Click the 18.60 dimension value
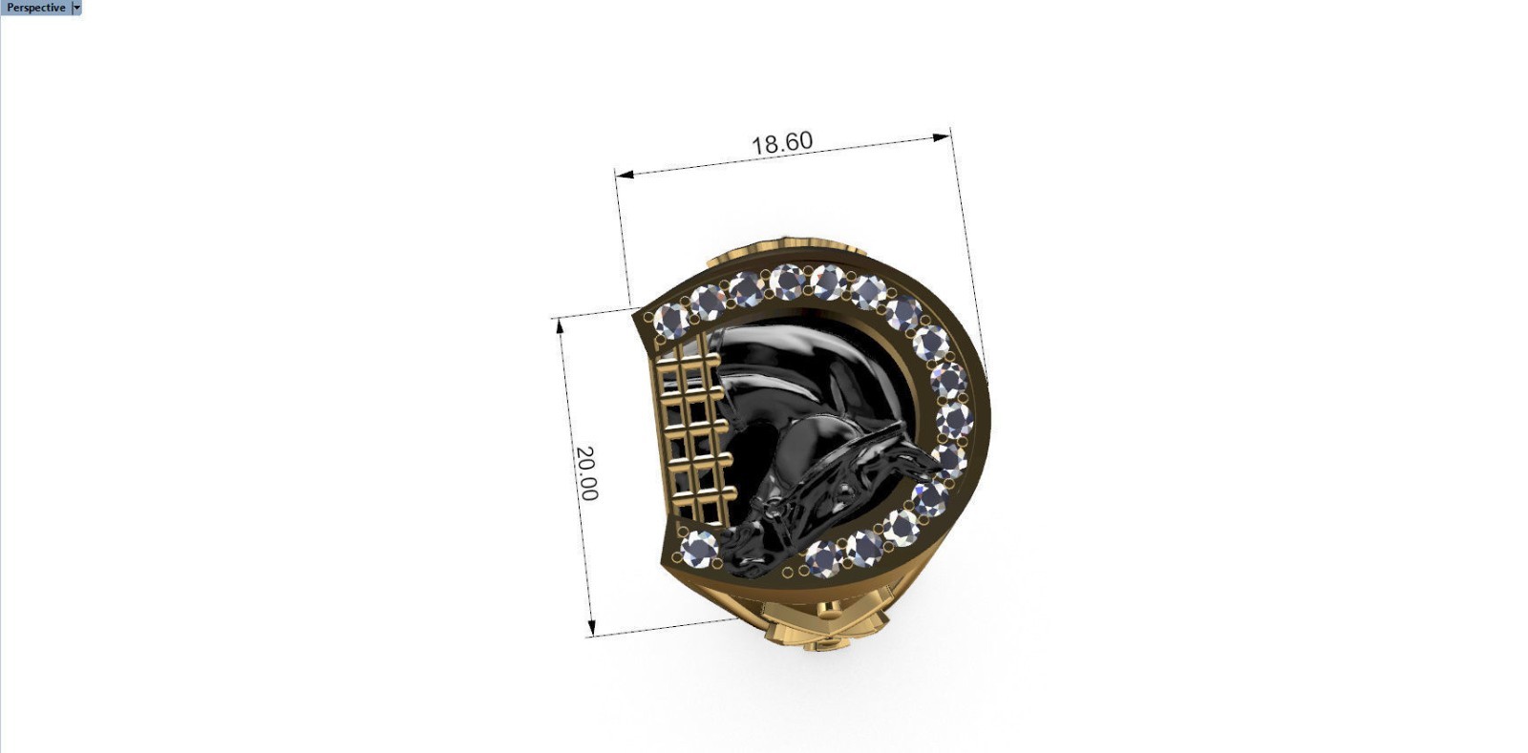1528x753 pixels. coord(782,143)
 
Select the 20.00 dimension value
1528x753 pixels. coord(586,473)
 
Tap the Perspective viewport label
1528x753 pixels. coord(35,8)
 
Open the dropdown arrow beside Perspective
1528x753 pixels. coord(76,8)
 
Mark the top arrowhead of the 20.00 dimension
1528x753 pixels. coord(560,326)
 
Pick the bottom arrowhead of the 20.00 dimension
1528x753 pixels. coord(592,628)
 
